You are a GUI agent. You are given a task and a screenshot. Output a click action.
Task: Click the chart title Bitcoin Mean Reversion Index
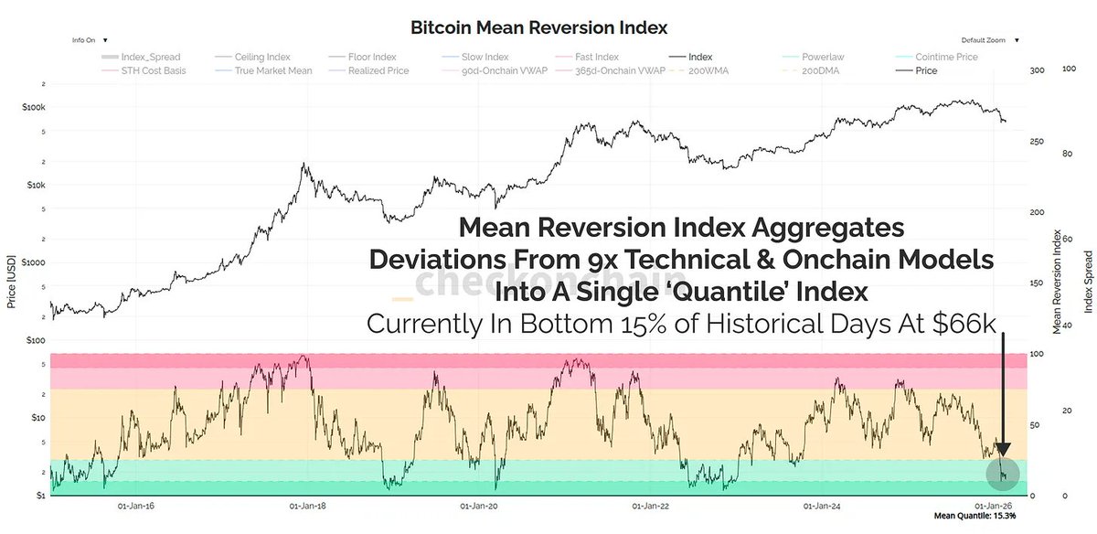539,27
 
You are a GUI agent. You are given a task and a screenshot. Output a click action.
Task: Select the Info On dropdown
90,40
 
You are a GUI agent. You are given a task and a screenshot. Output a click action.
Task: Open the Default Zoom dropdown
989,40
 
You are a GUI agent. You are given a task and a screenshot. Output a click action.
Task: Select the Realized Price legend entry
378,70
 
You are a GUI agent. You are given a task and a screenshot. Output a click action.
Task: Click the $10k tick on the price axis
33,184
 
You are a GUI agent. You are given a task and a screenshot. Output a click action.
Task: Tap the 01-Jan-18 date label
308,505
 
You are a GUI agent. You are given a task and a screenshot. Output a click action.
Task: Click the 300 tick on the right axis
1036,70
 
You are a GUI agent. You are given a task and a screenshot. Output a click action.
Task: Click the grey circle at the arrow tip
1004,472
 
